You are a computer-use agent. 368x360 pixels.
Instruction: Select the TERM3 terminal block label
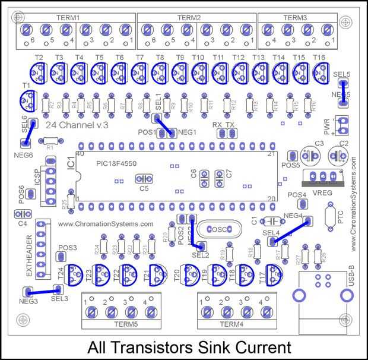click(x=296, y=18)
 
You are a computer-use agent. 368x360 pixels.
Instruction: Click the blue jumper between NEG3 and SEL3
click(x=43, y=290)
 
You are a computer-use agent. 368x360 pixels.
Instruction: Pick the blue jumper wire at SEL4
click(x=290, y=230)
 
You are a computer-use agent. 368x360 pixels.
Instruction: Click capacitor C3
click(x=309, y=156)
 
